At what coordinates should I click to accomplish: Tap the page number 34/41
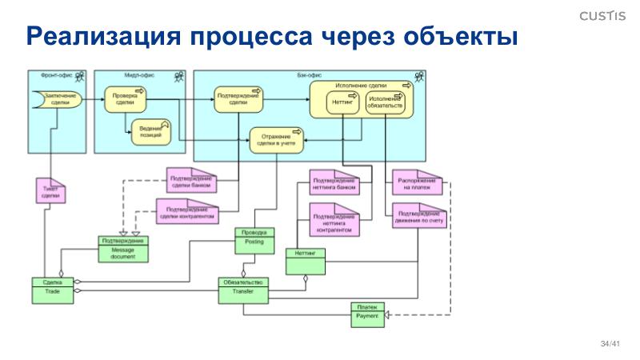click(610, 343)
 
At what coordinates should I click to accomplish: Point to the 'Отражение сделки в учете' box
click(276, 140)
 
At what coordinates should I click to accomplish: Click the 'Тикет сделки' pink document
click(50, 192)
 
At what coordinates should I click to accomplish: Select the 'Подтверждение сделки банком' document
click(192, 183)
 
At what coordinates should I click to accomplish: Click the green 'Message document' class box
click(122, 250)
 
